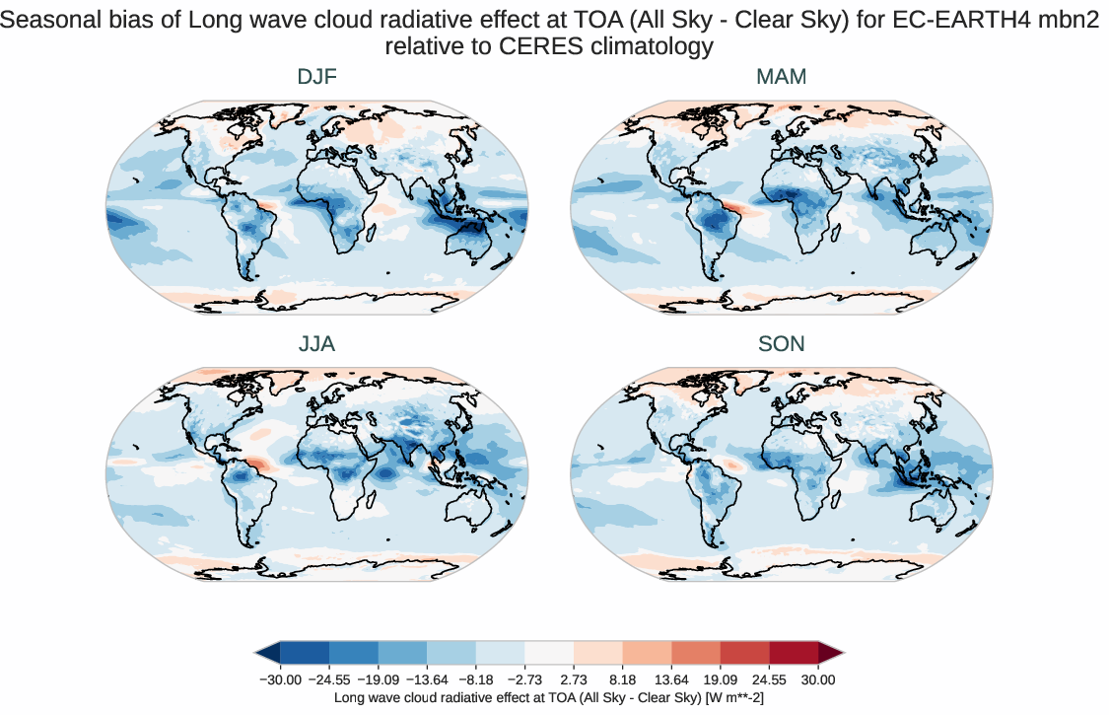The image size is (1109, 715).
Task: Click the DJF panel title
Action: click(x=316, y=77)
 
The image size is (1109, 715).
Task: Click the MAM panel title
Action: click(x=781, y=77)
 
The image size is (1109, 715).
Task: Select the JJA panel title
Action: click(x=316, y=344)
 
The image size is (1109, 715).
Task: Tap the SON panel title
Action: click(x=781, y=344)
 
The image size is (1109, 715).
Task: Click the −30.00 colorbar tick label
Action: click(x=280, y=679)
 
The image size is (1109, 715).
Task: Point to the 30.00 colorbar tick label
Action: click(x=818, y=679)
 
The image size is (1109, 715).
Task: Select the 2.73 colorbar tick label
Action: click(x=574, y=679)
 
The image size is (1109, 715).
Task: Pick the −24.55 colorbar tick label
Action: click(x=329, y=679)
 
